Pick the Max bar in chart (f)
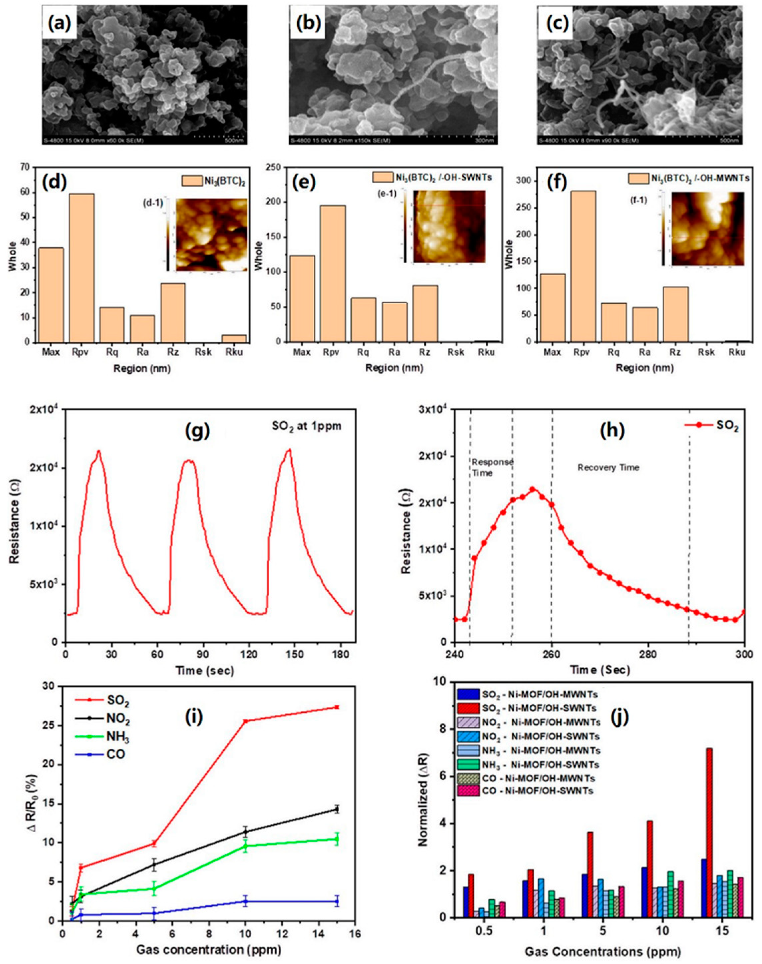point(552,308)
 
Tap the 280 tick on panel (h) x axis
point(648,659)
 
